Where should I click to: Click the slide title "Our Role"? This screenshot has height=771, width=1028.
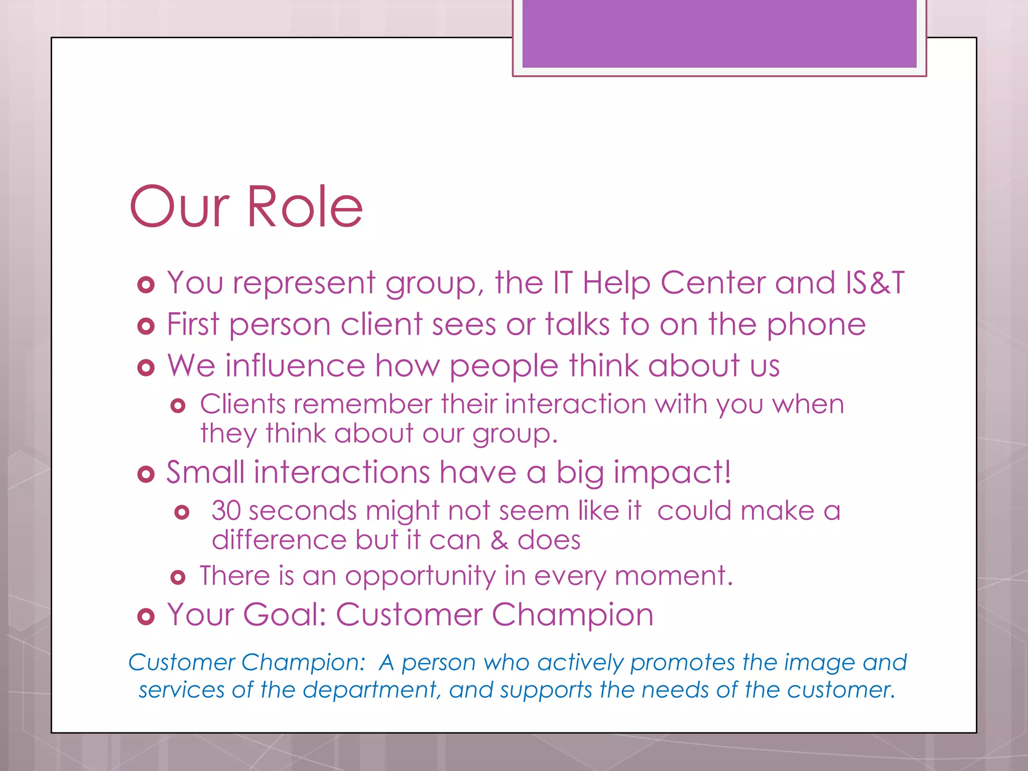(x=246, y=207)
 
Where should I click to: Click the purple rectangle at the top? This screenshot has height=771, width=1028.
(x=719, y=33)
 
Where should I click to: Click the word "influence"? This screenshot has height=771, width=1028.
(x=295, y=365)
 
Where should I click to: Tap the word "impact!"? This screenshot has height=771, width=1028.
(x=672, y=473)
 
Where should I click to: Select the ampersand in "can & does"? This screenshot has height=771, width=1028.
(x=498, y=541)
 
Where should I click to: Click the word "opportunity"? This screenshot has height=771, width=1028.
(x=420, y=576)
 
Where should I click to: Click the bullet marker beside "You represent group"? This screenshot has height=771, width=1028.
(x=146, y=285)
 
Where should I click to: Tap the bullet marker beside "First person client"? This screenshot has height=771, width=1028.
(x=146, y=327)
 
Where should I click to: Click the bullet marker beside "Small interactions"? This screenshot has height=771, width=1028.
(x=146, y=474)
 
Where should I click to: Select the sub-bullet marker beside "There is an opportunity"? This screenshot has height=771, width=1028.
(x=178, y=577)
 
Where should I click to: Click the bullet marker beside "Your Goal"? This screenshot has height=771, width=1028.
(x=146, y=616)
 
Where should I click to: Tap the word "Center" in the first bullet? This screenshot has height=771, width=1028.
(x=712, y=283)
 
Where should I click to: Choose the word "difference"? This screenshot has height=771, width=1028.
(x=279, y=541)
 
